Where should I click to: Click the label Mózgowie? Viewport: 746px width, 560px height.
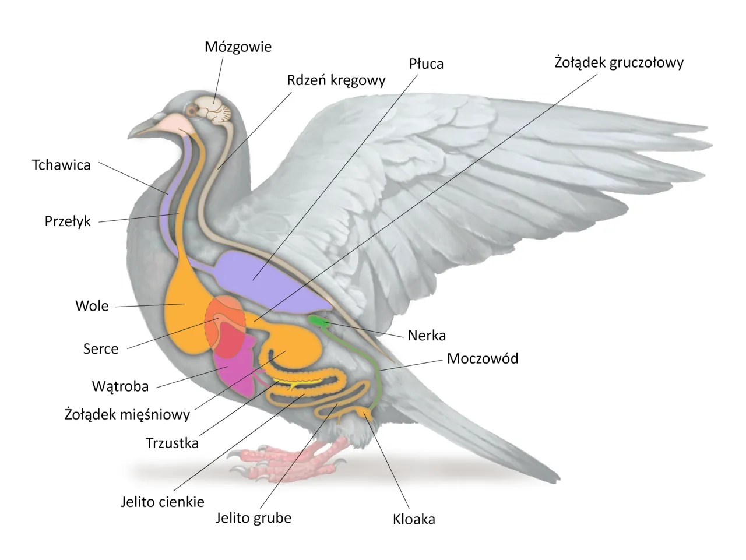point(238,47)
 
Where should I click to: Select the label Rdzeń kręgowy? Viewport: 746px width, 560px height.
point(336,80)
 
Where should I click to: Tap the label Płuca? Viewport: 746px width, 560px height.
point(426,64)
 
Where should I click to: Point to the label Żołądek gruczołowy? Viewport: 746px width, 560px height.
point(618,62)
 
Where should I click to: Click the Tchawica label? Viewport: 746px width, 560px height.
point(61,165)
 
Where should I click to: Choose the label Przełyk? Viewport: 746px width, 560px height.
point(68,221)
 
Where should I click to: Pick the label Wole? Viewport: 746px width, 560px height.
point(92,306)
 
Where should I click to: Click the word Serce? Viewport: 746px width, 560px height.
point(101,349)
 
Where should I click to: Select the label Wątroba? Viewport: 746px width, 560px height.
point(120,386)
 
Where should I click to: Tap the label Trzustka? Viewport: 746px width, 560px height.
point(172,443)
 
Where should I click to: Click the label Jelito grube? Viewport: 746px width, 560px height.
point(254,518)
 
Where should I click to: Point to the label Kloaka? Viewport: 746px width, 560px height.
point(414,519)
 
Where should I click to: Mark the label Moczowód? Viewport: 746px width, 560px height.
point(483,358)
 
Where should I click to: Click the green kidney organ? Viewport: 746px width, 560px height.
point(318,320)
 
